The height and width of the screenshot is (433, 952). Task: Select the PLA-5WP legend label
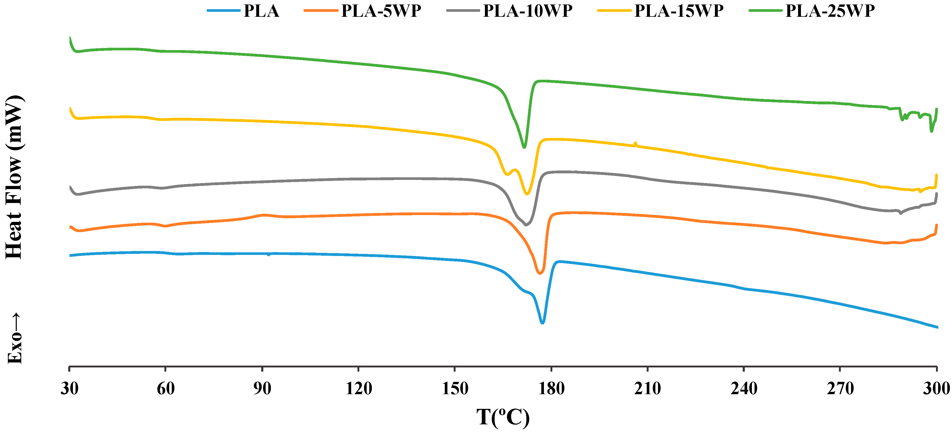(x=381, y=11)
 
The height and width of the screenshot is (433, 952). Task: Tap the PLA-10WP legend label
(x=528, y=11)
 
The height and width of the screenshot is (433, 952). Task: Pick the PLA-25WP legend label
(x=830, y=11)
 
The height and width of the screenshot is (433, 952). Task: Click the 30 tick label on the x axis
(x=69, y=388)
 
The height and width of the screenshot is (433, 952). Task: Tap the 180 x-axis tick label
(x=551, y=388)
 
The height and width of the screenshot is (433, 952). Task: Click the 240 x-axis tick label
(x=744, y=388)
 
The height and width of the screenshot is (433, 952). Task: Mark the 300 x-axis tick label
(x=936, y=388)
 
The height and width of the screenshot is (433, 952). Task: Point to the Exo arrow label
(x=15, y=338)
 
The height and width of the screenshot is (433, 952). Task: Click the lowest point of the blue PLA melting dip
(x=542, y=323)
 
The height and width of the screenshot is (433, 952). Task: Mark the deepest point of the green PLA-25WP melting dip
(x=524, y=147)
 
